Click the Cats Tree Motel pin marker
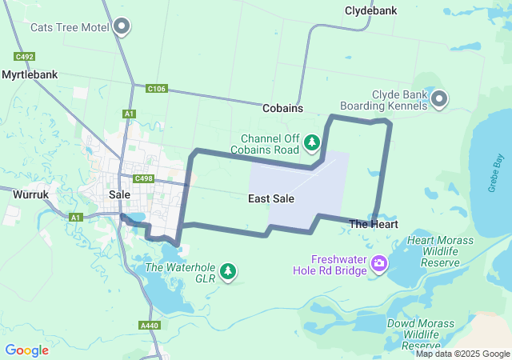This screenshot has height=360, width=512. tap(122, 26)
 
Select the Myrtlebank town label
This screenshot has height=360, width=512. tap(30, 74)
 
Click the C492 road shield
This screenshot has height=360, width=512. tap(24, 57)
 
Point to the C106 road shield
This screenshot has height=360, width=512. tap(157, 89)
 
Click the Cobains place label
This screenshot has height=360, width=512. tap(282, 107)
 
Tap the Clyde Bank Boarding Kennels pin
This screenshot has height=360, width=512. tap(439, 100)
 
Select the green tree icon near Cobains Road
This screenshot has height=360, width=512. tap(312, 143)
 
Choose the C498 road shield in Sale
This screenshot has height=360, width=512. tap(144, 178)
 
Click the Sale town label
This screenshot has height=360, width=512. tap(119, 194)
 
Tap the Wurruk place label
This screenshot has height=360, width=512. tap(31, 194)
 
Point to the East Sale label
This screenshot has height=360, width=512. tap(270, 198)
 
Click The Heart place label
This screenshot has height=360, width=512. tap(374, 225)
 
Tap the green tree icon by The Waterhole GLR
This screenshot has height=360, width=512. tap(229, 271)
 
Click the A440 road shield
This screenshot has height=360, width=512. tap(149, 326)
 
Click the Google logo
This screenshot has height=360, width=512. tap(26, 350)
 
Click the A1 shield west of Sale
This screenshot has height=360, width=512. tap(76, 217)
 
